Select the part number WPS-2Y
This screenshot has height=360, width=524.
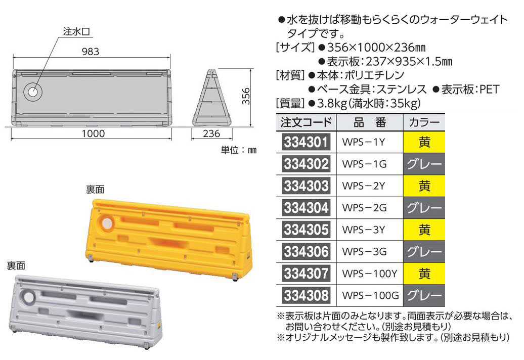[364, 186]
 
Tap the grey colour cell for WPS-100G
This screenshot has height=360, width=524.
[424, 295]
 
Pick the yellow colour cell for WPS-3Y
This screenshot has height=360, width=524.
[424, 230]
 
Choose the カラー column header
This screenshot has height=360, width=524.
[424, 122]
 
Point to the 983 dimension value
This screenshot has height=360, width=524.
[90, 52]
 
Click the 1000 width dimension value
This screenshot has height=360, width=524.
[93, 133]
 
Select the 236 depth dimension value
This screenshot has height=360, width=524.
[212, 133]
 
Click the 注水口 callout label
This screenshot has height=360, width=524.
[76, 31]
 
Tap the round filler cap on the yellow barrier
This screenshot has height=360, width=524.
[107, 223]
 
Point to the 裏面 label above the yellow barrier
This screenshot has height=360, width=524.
[95, 189]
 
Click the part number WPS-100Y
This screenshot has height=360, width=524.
[370, 274]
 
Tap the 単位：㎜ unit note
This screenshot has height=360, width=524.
[239, 150]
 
